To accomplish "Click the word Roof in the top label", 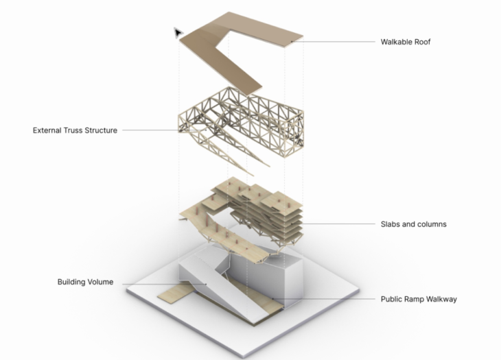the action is (x=422, y=42).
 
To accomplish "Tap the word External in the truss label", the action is (x=47, y=130).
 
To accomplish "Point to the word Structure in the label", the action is (x=100, y=130).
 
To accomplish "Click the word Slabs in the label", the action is (x=390, y=224).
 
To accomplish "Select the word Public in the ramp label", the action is (x=390, y=299).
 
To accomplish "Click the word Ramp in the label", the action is (x=411, y=299).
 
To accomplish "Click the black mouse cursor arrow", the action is (x=178, y=32).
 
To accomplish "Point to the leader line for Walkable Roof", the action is (x=333, y=42).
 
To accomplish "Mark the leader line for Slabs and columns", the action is (x=334, y=224).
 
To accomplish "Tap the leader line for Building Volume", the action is (x=164, y=284).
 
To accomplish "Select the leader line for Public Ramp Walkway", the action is (x=323, y=299).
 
